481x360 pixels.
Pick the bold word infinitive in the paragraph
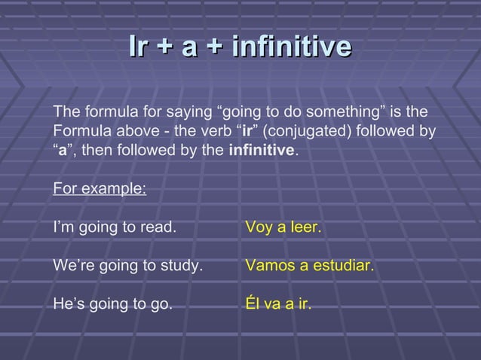[262, 150]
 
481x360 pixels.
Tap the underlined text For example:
[100, 188]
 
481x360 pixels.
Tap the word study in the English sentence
[182, 266]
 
